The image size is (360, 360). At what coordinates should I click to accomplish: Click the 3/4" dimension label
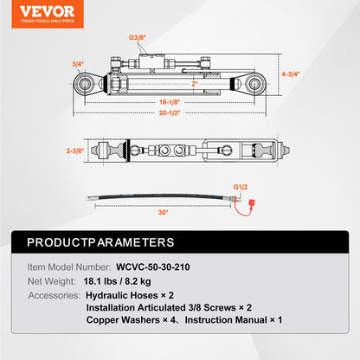point(77,64)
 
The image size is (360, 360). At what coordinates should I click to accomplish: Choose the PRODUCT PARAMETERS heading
point(100,242)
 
